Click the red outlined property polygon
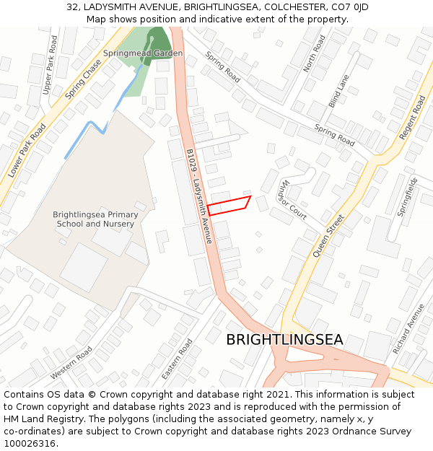[x=229, y=205]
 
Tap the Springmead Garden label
[x=143, y=53]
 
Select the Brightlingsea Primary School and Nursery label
[x=95, y=219]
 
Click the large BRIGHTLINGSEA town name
[x=284, y=340]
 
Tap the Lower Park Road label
[x=27, y=151]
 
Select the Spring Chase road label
[x=83, y=79]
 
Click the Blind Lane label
[x=338, y=91]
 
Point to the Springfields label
[x=409, y=196]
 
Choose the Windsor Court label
[x=294, y=199]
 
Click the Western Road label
[x=71, y=363]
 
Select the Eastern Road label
[x=177, y=359]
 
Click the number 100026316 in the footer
[x=30, y=443]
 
